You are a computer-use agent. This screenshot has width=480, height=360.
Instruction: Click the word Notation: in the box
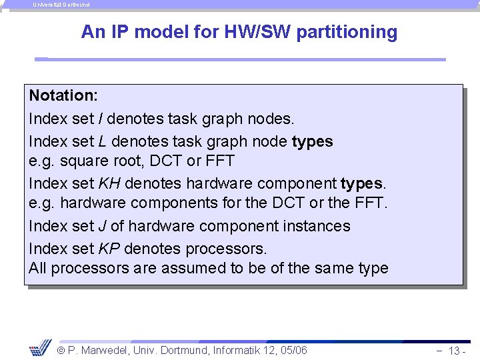[63, 95]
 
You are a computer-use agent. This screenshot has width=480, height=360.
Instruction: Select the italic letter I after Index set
[100, 119]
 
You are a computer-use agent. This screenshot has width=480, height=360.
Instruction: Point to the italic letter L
[102, 141]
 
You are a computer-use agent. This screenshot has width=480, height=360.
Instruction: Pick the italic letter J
[102, 226]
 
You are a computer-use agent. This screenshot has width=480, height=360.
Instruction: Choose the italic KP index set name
[109, 249]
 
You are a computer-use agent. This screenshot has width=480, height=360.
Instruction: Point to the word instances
[314, 226]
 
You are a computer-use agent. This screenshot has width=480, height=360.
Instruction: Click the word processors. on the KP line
[229, 249]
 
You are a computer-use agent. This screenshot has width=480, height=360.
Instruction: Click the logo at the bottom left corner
[40, 347]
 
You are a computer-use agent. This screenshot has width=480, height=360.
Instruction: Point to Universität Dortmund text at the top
[61, 5]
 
